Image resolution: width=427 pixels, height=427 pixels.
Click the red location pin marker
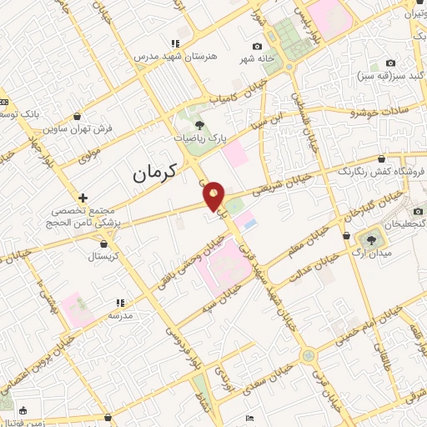coord(213,194)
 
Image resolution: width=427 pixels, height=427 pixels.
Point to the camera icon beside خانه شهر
coord(257,46)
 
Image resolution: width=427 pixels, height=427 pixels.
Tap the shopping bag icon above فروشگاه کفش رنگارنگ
coord(381,158)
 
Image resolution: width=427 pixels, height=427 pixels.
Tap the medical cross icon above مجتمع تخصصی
coord(82,198)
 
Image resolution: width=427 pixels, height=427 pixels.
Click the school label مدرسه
coord(121,315)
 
